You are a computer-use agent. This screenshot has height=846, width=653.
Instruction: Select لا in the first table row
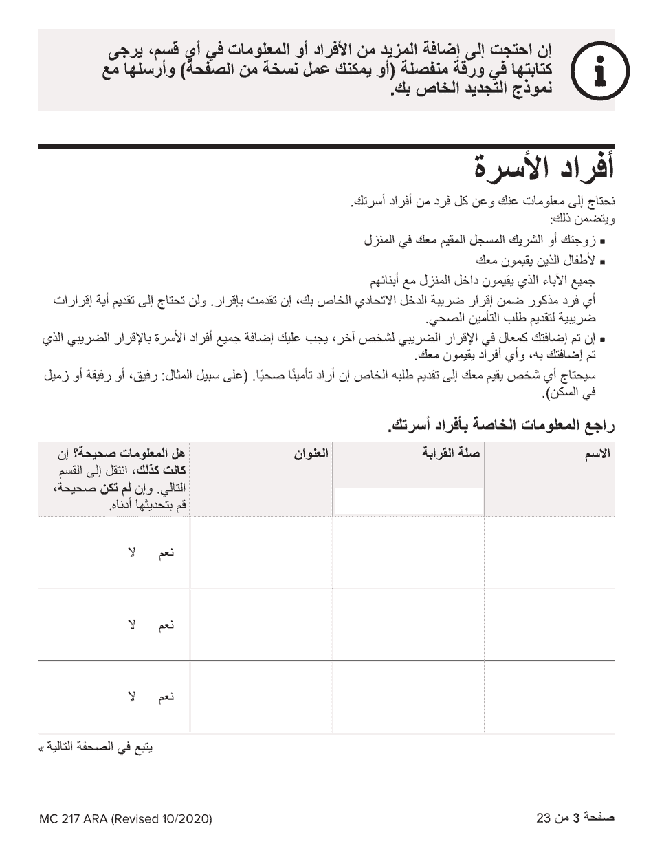pyautogui.click(x=131, y=553)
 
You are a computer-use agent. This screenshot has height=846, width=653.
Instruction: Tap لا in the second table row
pyautogui.click(x=131, y=625)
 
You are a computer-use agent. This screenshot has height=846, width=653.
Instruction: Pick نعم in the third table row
pyautogui.click(x=166, y=697)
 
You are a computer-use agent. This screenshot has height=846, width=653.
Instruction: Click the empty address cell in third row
pyautogui.click(x=261, y=697)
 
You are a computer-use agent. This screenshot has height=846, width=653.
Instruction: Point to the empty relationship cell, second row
pyautogui.click(x=408, y=625)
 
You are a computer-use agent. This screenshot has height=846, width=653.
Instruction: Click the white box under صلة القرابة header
pyautogui.click(x=408, y=500)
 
